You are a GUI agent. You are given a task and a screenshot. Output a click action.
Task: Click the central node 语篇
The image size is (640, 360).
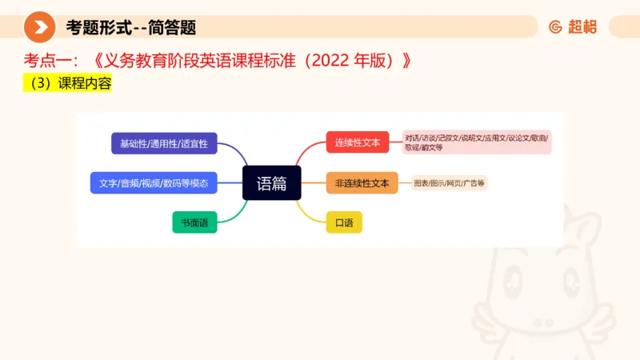pyautogui.click(x=271, y=183)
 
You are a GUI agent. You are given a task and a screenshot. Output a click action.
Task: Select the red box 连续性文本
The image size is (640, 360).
pyautogui.click(x=357, y=143)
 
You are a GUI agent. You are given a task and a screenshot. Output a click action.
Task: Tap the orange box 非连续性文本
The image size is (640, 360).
pyautogui.click(x=362, y=183)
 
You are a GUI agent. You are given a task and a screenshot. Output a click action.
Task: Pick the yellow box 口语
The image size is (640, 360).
pyautogui.click(x=344, y=222)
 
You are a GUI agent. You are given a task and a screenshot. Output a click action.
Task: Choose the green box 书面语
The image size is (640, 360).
pyautogui.click(x=194, y=222)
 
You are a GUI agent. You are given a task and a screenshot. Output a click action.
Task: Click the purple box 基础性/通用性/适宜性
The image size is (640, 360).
pyautogui.click(x=164, y=143)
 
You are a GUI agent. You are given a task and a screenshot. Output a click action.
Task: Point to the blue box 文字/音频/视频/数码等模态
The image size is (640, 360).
pyautogui.click(x=154, y=183)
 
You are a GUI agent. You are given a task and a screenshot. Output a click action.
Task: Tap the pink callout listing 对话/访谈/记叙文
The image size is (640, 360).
pyautogui.click(x=478, y=142)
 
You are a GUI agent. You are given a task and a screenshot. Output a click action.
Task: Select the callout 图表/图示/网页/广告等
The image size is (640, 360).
pyautogui.click(x=449, y=183)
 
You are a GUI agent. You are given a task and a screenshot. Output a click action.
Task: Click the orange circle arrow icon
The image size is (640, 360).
pyautogui.click(x=39, y=27)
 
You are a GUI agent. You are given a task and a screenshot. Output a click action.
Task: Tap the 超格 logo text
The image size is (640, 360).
pyautogui.click(x=582, y=27)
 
